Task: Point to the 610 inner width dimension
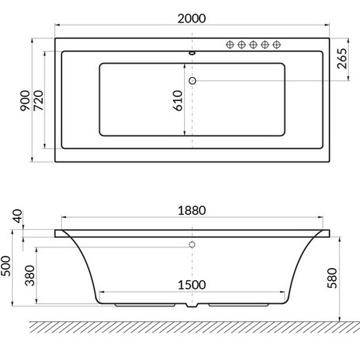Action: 178,99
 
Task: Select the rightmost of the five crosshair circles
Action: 277,45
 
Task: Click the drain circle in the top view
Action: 192,80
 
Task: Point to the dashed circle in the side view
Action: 192,245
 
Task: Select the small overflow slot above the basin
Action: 192,55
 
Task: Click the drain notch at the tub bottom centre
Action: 192,306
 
